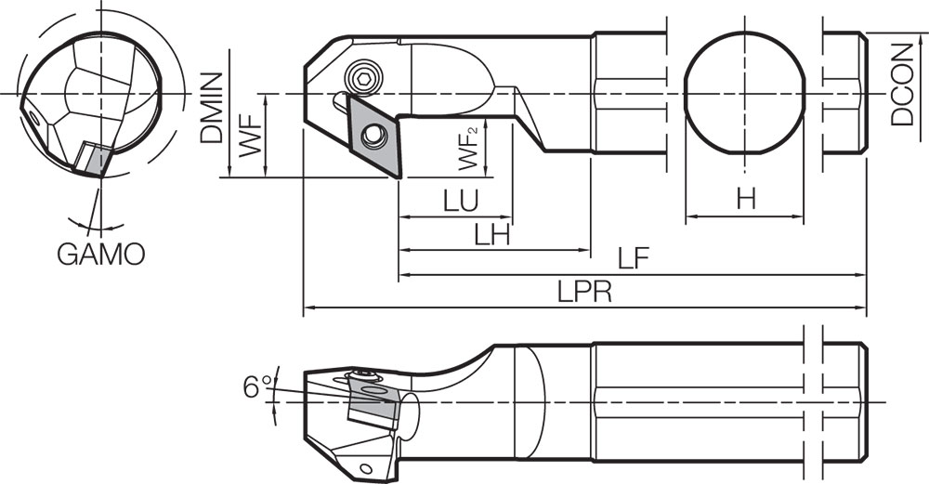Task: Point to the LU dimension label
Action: [460, 201]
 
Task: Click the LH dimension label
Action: [492, 235]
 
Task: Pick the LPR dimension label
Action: [583, 292]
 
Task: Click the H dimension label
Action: [744, 199]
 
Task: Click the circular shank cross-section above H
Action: [743, 94]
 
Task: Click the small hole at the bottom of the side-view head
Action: [366, 466]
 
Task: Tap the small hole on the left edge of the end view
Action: [33, 117]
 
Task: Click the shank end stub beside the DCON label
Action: [844, 94]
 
